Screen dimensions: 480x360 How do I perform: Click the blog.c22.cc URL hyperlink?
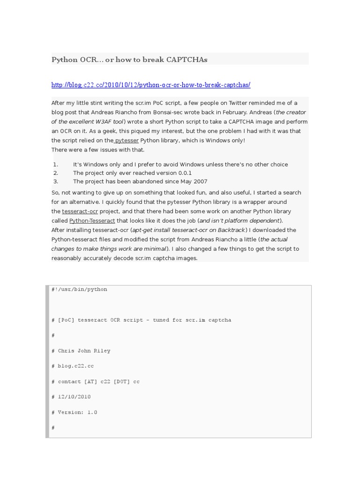151,85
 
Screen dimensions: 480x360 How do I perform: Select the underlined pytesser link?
126,140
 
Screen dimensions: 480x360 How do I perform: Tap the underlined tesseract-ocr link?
80,211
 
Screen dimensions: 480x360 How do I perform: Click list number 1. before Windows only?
55,165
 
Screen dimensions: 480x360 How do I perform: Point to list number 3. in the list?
55,181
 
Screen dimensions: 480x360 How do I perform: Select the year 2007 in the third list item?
200,181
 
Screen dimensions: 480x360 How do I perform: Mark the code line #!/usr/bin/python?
79,289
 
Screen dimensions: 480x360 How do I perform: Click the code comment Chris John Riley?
84,351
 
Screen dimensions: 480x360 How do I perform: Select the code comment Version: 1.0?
77,412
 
